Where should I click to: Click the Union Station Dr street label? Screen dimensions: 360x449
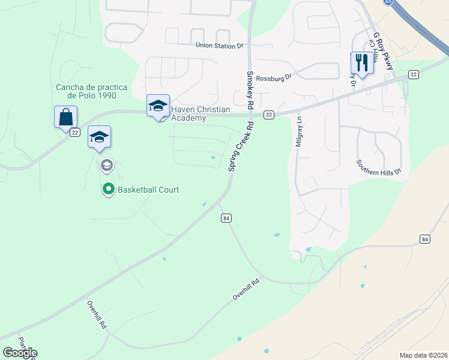[x=220, y=46]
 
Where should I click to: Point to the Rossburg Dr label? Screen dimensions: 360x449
[x=273, y=77]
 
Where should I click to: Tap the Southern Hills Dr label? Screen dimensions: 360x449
[x=382, y=167]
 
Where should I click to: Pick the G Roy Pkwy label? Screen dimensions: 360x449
[x=383, y=52]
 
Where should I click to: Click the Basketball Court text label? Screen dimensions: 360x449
[x=148, y=190]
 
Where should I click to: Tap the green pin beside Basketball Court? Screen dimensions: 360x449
[x=108, y=190]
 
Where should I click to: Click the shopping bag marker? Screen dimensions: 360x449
[x=65, y=116]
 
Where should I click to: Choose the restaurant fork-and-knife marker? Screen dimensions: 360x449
[x=361, y=62]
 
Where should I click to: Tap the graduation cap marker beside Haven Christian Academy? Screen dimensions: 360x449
[x=158, y=106]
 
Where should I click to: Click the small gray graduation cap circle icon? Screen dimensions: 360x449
[x=106, y=165]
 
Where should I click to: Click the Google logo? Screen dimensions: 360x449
[x=20, y=353]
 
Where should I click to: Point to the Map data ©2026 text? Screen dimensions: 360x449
[x=423, y=355]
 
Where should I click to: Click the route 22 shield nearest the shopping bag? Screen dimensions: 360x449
[x=74, y=133]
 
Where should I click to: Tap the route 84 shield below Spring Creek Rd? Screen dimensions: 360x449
[x=226, y=218]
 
